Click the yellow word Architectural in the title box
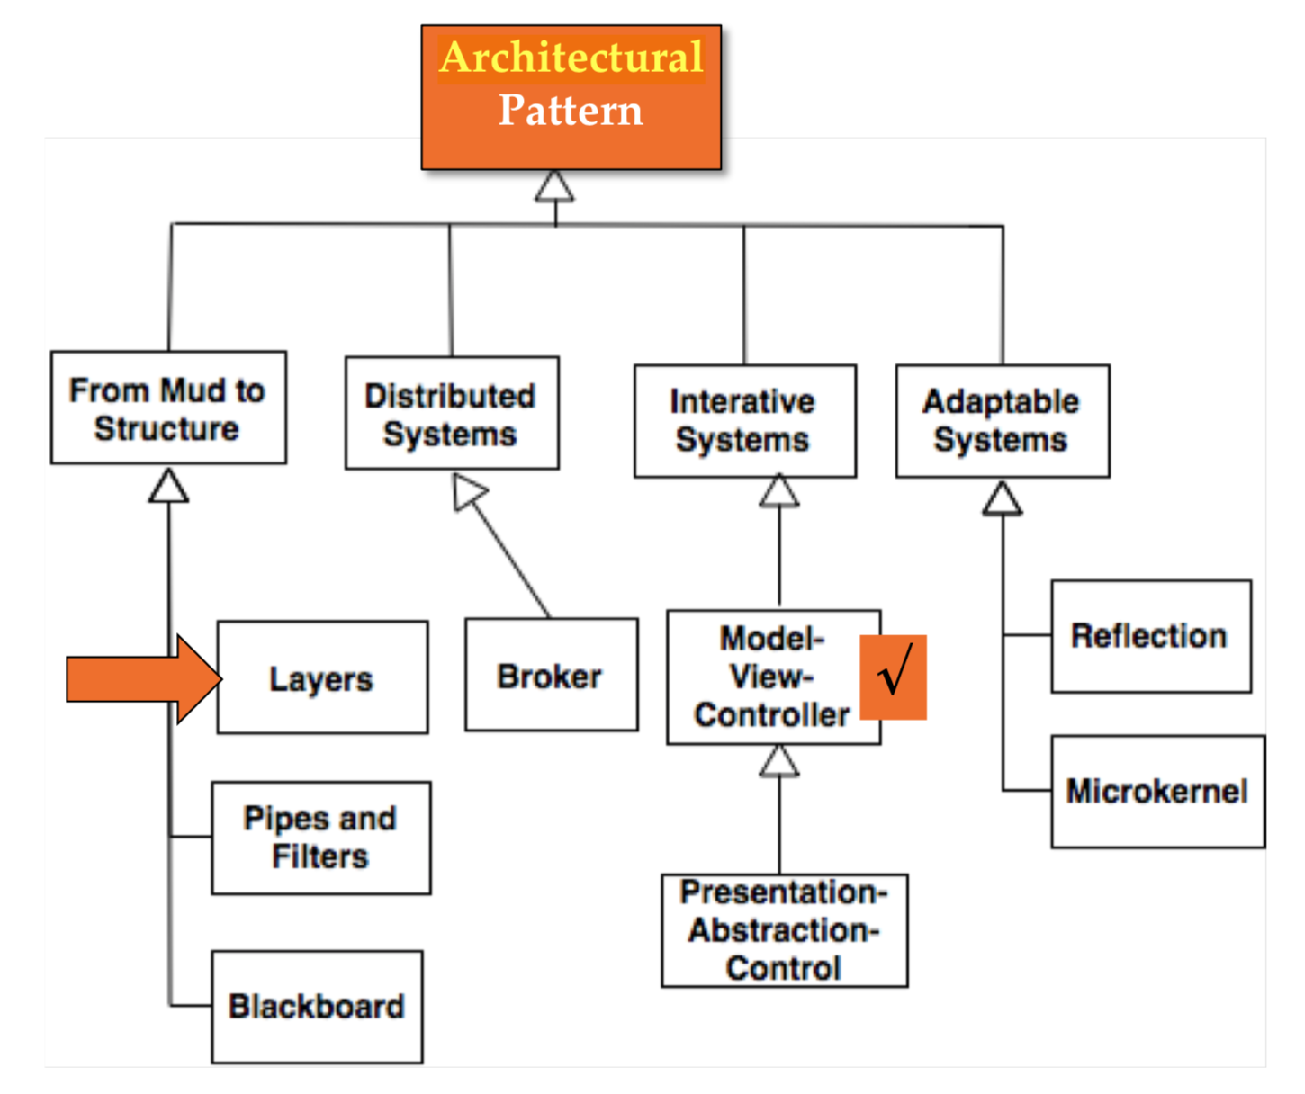click(x=571, y=58)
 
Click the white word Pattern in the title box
click(x=571, y=111)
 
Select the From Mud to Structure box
click(x=168, y=408)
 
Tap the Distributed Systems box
click(x=452, y=414)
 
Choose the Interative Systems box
click(x=744, y=421)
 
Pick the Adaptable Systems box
click(x=1002, y=421)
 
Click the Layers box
click(x=322, y=678)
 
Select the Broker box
click(x=551, y=675)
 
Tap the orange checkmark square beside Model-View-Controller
click(x=893, y=677)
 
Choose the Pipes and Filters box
click(x=321, y=838)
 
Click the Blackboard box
click(x=317, y=1007)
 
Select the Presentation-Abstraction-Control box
click(x=784, y=930)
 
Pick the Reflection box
click(x=1150, y=636)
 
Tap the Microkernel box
click(x=1157, y=792)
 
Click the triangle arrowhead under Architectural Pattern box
click(x=554, y=187)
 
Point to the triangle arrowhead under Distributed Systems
click(x=468, y=492)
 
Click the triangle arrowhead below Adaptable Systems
click(x=1002, y=498)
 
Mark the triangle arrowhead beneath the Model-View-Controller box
click(x=779, y=761)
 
